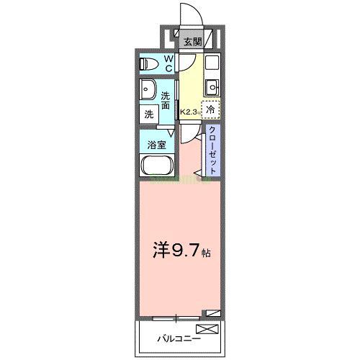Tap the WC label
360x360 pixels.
(x=168, y=63)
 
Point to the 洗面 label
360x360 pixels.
(x=166, y=100)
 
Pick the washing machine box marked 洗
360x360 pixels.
(x=148, y=114)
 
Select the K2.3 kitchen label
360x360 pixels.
(x=189, y=112)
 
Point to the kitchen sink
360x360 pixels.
(x=211, y=88)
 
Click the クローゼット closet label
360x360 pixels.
(x=213, y=149)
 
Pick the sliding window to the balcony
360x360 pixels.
(x=176, y=317)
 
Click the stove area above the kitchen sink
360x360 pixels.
(x=211, y=63)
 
